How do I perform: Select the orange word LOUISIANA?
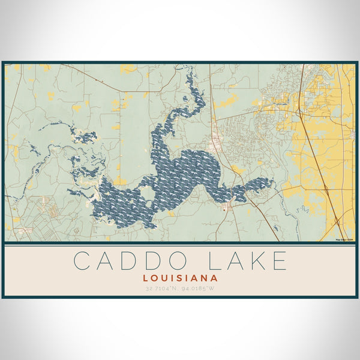(180, 278)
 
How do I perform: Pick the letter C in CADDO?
(82, 261)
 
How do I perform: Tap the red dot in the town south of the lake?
(224, 209)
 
